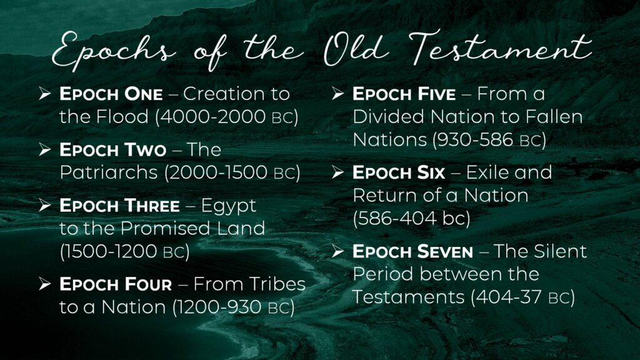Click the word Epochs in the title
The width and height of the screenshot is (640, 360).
[x=114, y=51]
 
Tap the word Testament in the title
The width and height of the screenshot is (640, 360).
[x=500, y=49]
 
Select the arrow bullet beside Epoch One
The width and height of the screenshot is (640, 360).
[x=45, y=94]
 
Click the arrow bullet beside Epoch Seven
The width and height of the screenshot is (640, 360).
[x=338, y=251]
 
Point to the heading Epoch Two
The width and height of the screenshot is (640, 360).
[x=112, y=150]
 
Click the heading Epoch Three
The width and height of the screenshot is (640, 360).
[x=119, y=206]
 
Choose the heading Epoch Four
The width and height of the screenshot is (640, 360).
[x=116, y=284]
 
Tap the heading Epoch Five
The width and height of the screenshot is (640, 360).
[x=404, y=94]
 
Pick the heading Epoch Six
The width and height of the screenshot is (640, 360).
[x=399, y=172]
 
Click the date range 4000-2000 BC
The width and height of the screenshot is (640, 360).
[x=226, y=117]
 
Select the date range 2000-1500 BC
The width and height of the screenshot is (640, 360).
[x=232, y=172]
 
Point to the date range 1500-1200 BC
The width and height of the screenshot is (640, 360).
[x=124, y=251]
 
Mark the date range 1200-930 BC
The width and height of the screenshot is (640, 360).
[x=234, y=307]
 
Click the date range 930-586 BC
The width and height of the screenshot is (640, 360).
[x=489, y=140]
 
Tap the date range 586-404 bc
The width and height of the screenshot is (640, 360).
[x=411, y=218]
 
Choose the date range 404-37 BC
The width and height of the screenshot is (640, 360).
[x=523, y=297]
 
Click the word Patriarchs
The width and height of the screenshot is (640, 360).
[x=109, y=172]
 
